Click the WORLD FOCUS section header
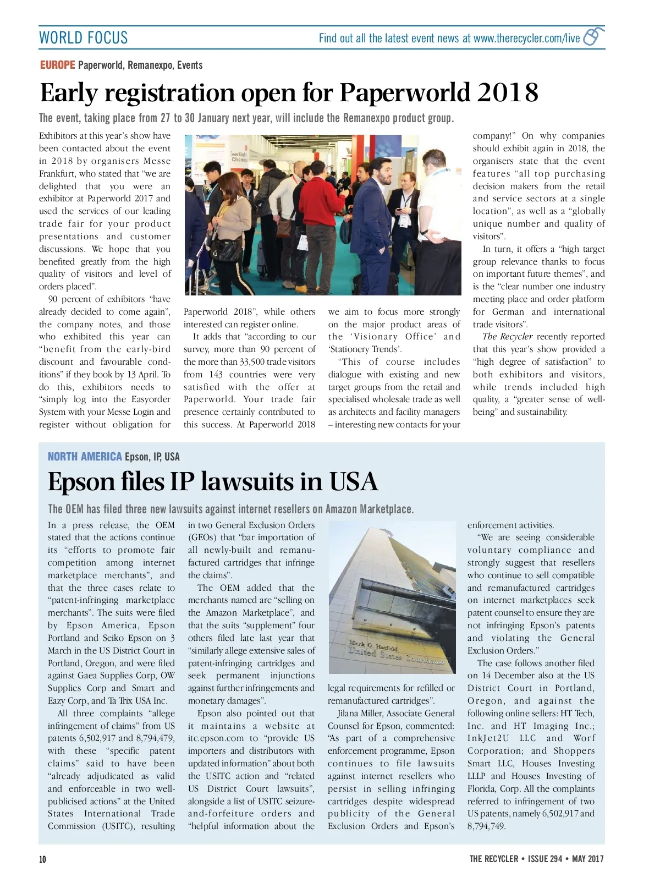(83, 38)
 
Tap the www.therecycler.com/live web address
(526, 38)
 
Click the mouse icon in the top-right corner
(592, 36)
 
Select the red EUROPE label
(57, 65)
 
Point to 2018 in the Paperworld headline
(507, 92)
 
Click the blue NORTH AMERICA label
(85, 457)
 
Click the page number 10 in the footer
(42, 859)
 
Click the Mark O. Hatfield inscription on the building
(373, 646)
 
